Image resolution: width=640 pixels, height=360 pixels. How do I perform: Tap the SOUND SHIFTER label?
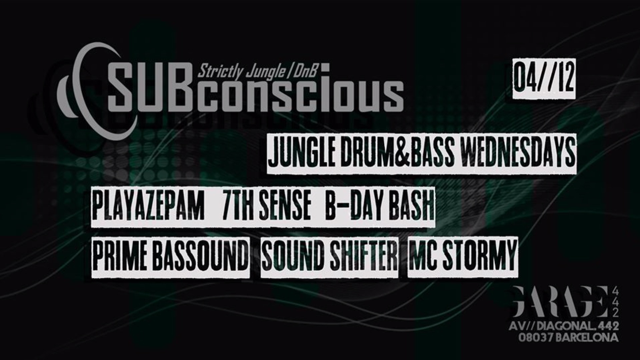click(x=330, y=257)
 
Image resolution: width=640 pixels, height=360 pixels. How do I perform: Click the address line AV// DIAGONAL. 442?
click(x=566, y=327)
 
